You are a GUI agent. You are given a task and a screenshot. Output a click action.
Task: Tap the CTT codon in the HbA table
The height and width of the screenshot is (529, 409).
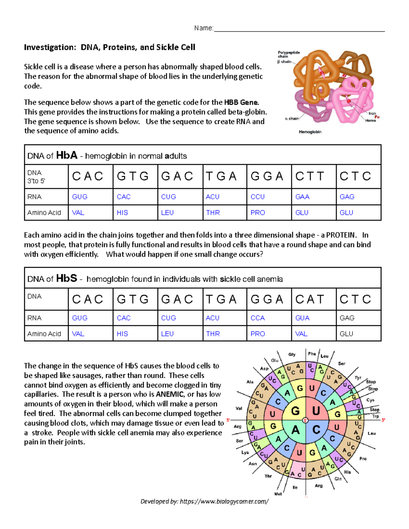(309, 176)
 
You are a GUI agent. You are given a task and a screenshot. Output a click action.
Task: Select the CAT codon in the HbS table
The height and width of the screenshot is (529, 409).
(309, 299)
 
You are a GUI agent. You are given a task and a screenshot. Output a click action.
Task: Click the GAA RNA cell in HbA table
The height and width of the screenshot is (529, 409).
(302, 197)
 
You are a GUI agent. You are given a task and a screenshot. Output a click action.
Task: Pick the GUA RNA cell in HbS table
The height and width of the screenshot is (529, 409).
(302, 318)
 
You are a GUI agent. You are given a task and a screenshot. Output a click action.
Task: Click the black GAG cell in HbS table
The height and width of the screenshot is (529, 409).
(347, 318)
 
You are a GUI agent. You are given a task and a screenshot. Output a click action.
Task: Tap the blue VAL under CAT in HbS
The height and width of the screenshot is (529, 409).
(301, 334)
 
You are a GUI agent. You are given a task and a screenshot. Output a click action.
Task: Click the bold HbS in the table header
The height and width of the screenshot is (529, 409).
(66, 278)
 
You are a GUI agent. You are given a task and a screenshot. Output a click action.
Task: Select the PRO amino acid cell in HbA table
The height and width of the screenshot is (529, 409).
(258, 213)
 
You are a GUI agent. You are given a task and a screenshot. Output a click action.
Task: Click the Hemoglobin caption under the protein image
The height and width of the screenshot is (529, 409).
(310, 132)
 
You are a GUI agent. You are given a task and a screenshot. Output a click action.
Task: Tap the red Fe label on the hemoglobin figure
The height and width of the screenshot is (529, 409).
(377, 117)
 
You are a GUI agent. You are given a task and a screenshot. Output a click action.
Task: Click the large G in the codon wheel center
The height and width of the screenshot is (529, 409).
(295, 411)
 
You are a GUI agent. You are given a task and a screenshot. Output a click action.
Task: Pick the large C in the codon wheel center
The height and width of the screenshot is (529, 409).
(316, 430)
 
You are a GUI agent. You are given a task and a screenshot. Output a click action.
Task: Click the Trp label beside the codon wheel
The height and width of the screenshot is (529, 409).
(376, 416)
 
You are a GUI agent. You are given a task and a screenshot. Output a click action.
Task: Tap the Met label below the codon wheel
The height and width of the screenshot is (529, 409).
(278, 494)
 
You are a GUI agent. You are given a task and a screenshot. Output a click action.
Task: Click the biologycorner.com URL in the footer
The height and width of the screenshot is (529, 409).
(224, 501)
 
